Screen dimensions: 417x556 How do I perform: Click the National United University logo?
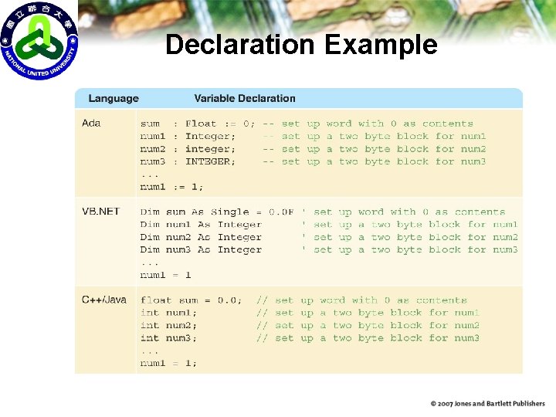pyautogui.click(x=39, y=40)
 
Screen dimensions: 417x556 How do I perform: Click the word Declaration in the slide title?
pyautogui.click(x=241, y=45)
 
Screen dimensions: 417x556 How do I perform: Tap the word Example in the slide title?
pyautogui.click(x=381, y=45)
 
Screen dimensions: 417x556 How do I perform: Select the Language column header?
pyautogui.click(x=114, y=99)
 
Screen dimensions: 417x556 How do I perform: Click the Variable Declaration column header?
pyautogui.click(x=245, y=99)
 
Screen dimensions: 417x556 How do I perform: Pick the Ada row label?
pyautogui.click(x=91, y=124)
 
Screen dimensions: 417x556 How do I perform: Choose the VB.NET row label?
pyautogui.click(x=101, y=212)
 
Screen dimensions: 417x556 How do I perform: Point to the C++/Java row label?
pyautogui.click(x=104, y=300)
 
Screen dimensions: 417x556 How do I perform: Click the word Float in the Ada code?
pyautogui.click(x=201, y=124)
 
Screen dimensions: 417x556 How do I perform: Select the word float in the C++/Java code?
pyautogui.click(x=156, y=300)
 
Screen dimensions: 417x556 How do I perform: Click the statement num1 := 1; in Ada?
pyautogui.click(x=172, y=187)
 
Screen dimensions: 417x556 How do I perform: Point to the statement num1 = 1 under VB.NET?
pyautogui.click(x=165, y=275)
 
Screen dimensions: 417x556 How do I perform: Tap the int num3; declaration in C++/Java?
pyautogui.click(x=168, y=338)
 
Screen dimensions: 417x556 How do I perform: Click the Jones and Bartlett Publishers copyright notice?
pyautogui.click(x=488, y=404)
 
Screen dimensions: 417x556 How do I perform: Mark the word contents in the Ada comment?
pyautogui.click(x=448, y=124)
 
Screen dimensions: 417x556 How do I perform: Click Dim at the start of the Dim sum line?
pyautogui.click(x=150, y=212)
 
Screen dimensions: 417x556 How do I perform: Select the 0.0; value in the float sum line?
pyautogui.click(x=227, y=300)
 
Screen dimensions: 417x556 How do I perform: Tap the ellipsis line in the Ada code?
pyautogui.click(x=150, y=175)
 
